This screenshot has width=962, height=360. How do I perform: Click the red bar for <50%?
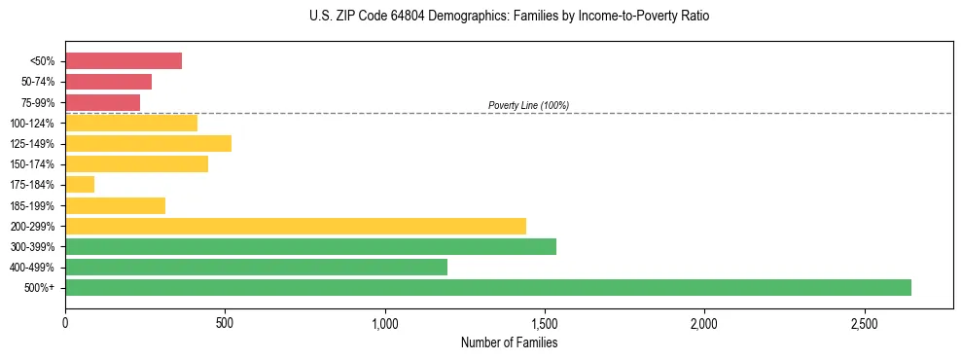(x=124, y=60)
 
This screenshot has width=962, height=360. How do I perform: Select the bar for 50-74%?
(x=108, y=82)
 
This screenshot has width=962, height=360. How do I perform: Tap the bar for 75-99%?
(x=102, y=102)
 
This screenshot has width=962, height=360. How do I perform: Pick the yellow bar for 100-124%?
(x=131, y=123)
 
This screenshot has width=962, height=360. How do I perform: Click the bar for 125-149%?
(x=148, y=144)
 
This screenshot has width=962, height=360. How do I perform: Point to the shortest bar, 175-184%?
(x=80, y=185)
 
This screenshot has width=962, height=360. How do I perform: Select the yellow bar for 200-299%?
(x=296, y=226)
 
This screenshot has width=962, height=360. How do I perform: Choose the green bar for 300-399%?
(x=310, y=246)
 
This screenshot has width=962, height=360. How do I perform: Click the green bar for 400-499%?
(x=256, y=267)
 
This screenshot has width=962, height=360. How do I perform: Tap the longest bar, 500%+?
(x=488, y=287)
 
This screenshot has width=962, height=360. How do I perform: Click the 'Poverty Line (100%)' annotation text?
(x=528, y=105)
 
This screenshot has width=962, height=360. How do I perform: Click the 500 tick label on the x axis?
(x=225, y=322)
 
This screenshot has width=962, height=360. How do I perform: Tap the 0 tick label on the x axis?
(x=65, y=322)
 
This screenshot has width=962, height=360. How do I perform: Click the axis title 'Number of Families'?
(x=509, y=342)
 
